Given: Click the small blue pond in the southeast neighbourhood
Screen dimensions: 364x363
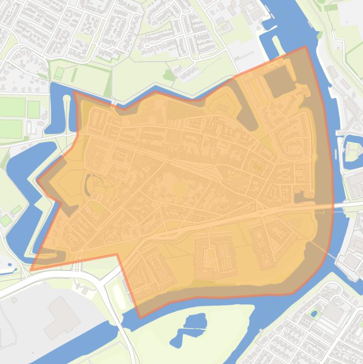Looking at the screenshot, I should (312, 313).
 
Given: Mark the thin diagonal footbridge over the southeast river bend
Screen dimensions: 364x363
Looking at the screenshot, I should (333, 256).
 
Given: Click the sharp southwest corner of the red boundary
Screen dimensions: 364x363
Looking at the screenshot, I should (31, 270).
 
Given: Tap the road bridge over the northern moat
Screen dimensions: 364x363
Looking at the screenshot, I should (113, 102).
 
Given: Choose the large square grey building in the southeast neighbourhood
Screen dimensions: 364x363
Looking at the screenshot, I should (334, 312).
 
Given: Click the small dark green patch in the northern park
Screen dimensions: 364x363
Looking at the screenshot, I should (169, 75).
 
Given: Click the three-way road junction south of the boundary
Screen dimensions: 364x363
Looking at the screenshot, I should (101, 284).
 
